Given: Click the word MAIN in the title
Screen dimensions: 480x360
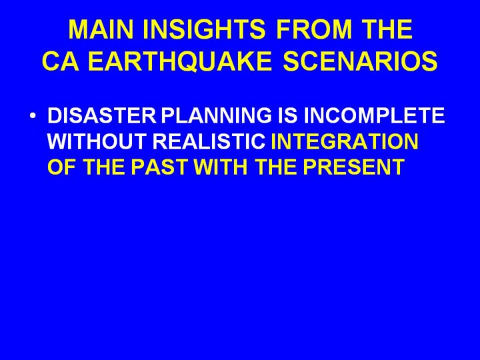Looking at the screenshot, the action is [101, 29].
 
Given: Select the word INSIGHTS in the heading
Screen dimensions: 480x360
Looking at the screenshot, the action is [204, 29].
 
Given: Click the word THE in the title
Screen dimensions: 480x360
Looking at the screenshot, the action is [387, 29].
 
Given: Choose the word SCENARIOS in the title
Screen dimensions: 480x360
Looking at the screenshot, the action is [360, 61].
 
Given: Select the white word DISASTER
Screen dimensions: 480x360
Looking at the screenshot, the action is [102, 115].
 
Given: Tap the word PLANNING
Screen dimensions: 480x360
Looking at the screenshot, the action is [216, 115].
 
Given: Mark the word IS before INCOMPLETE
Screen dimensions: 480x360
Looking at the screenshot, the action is [287, 115].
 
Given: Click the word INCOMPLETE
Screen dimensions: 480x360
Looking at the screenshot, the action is [374, 115].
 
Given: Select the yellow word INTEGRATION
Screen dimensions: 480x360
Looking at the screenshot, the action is [345, 141].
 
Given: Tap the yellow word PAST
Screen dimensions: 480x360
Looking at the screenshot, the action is [159, 167].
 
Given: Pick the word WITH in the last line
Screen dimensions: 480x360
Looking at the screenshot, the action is [221, 167].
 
